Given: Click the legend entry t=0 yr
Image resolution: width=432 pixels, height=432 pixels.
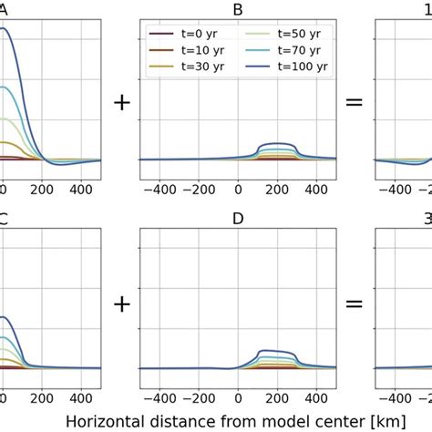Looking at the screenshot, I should [x=188, y=33].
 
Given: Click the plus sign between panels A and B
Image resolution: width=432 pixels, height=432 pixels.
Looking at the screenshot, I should [x=120, y=102].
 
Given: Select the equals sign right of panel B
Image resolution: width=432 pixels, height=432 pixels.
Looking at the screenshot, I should [x=355, y=102].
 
